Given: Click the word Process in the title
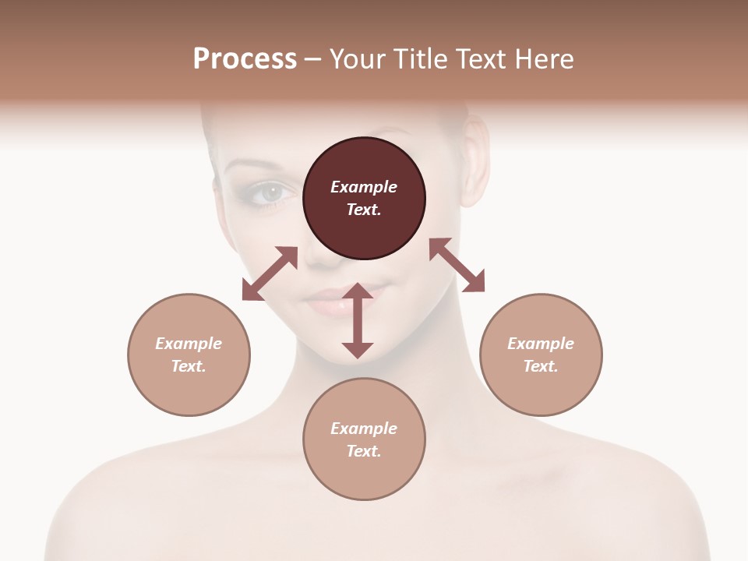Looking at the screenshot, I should point(245,59).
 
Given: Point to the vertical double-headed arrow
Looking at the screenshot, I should point(358,321).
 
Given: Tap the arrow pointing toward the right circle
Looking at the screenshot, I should point(457,265).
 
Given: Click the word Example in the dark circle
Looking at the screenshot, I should point(364,187).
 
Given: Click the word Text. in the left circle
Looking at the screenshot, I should point(189,366).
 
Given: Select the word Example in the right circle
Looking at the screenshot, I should point(541,344).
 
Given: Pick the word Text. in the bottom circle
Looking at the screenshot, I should point(364,451).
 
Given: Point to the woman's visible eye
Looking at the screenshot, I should point(270,191).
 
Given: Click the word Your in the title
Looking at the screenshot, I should point(358,59).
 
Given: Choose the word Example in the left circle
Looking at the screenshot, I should point(189,344).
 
